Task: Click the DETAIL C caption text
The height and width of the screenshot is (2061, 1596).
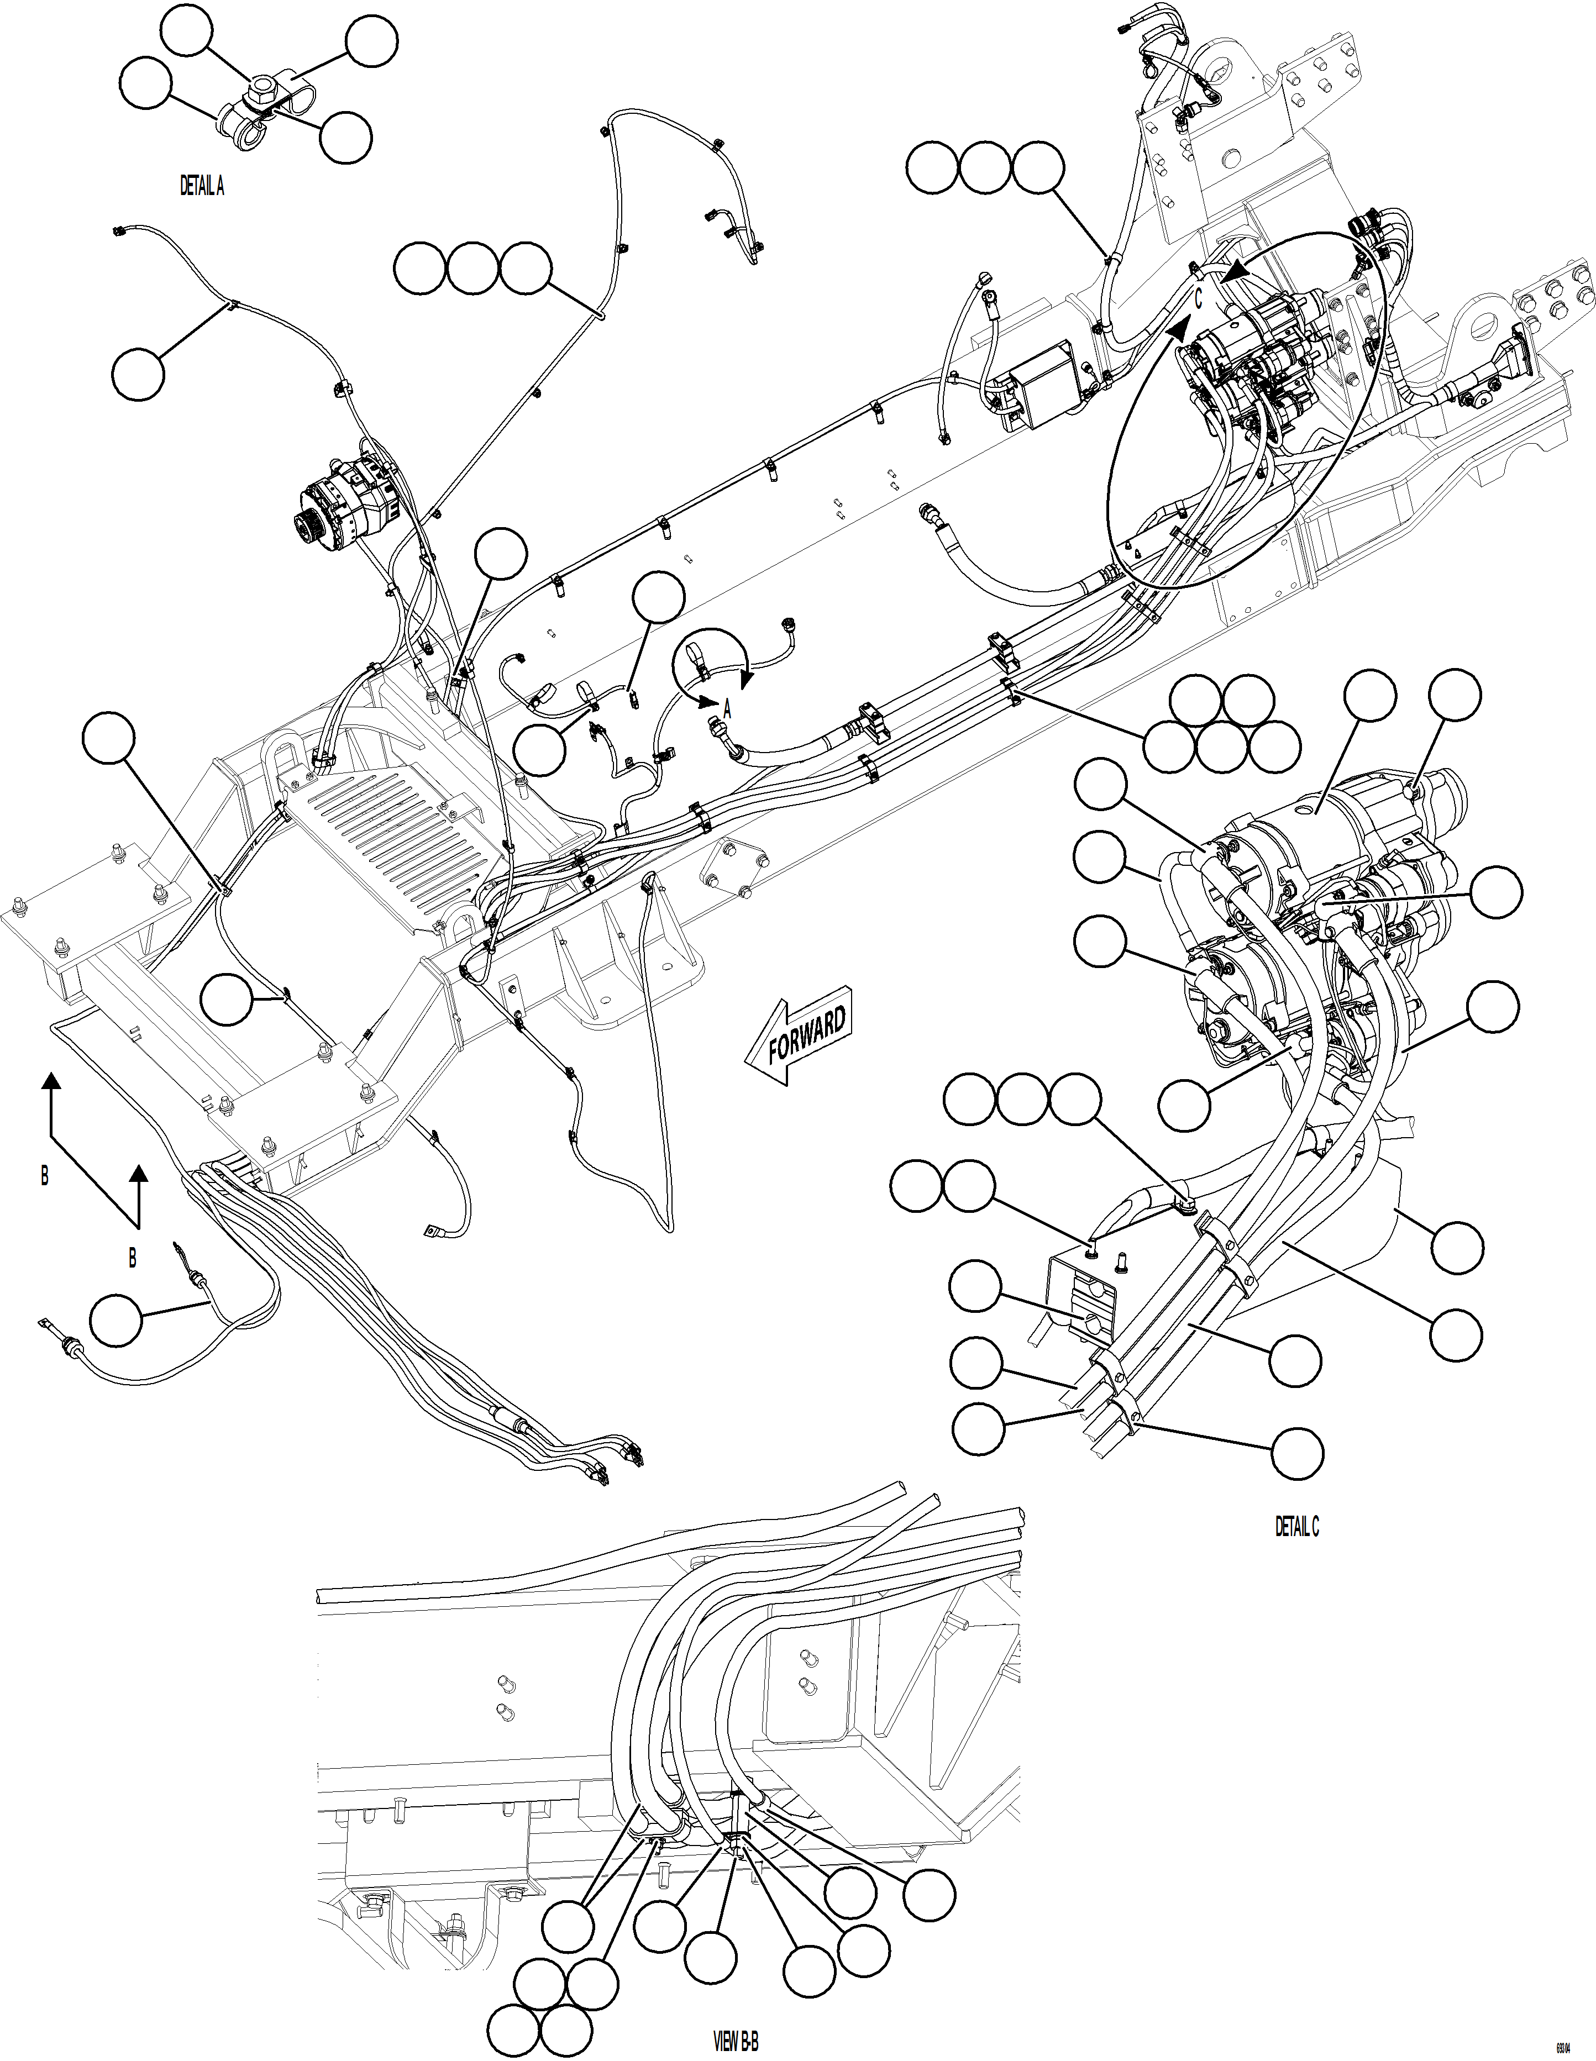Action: (x=1297, y=1526)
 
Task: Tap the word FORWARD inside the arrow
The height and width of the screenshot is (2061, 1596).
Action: (x=807, y=1035)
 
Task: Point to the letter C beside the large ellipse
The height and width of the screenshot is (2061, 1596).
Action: (x=1198, y=300)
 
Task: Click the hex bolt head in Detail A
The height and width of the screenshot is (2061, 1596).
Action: (x=257, y=94)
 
